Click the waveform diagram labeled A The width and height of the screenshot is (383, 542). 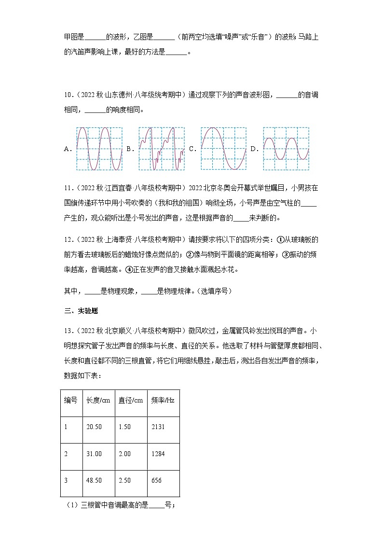click(99, 149)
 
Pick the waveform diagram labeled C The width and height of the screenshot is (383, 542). click(224, 149)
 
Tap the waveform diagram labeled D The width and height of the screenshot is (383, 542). click(286, 149)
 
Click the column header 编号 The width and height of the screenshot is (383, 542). click(71, 400)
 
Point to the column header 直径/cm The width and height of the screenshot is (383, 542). click(131, 400)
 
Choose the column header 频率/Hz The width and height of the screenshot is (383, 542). click(163, 400)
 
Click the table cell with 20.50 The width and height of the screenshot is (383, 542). click(94, 427)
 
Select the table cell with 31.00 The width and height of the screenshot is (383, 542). click(94, 454)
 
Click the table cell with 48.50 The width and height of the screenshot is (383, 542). click(94, 481)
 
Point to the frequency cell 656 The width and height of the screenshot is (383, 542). click(156, 481)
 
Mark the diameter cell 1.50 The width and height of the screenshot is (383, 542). click(124, 427)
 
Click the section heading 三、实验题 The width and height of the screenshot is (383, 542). click(81, 311)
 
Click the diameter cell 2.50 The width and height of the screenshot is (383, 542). click(124, 481)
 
